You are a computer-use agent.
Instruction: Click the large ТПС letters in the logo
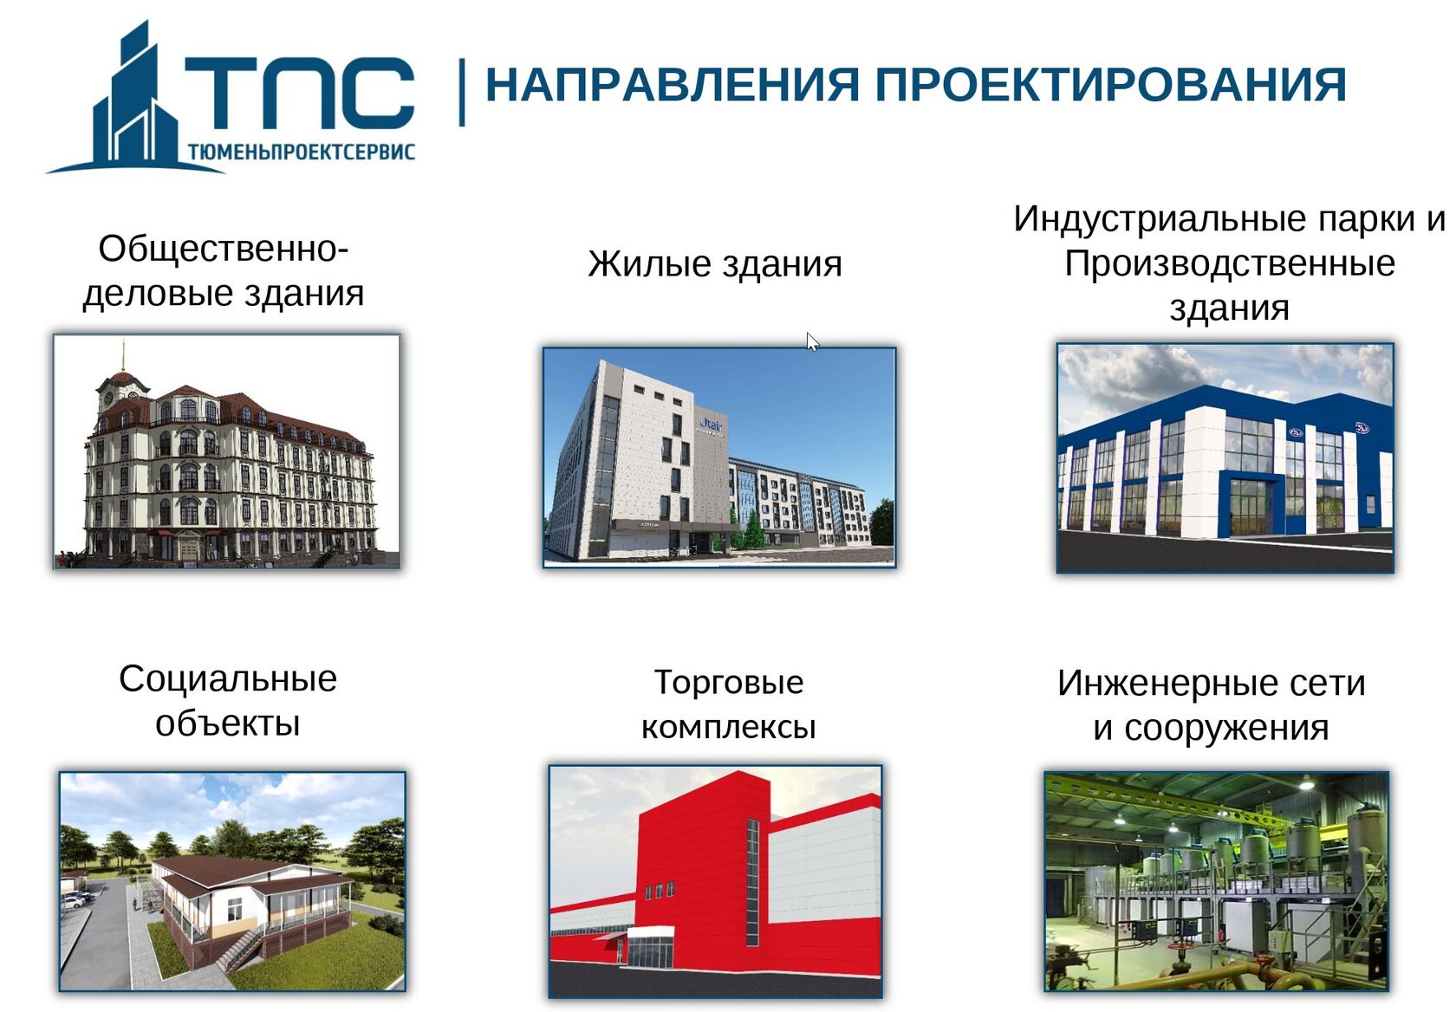300,93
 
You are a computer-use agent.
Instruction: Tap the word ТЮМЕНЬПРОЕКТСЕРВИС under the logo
302,152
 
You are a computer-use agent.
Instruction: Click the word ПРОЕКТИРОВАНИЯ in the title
1110,85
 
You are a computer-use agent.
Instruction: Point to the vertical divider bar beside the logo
461,93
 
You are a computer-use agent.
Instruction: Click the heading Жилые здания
714,263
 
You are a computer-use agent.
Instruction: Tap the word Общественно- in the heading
224,249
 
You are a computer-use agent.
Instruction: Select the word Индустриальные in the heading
1159,219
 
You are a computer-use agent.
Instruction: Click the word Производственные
1229,263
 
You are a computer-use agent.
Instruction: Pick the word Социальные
227,678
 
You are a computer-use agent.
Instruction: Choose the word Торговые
729,682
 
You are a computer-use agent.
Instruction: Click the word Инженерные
1158,683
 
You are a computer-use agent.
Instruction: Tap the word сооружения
1225,727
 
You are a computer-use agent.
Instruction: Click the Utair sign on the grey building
711,425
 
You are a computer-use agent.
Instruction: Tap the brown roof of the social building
253,872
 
